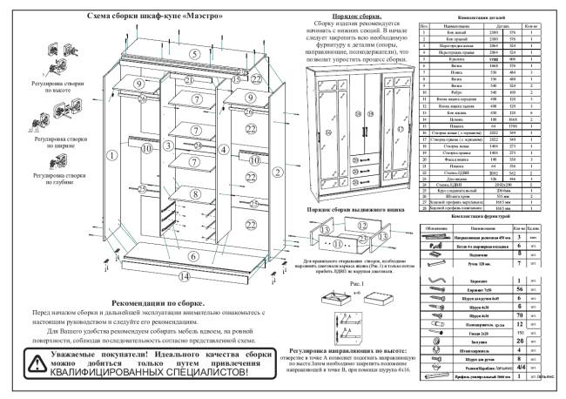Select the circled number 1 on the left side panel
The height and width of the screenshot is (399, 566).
click(x=112, y=155)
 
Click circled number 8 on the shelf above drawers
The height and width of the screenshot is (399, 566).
click(x=196, y=193)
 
